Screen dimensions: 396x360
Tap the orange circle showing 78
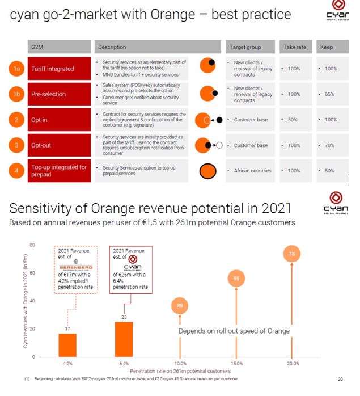tap(291, 254)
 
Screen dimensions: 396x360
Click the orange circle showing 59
tap(236, 279)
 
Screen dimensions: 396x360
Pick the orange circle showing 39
tap(180, 306)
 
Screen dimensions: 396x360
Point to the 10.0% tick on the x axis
tap(180, 364)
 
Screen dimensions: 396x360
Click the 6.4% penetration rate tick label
tap(124, 364)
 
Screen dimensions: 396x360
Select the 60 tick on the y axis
tap(32, 273)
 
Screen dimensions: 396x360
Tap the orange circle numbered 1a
tap(16, 69)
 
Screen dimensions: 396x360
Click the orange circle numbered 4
tap(16, 170)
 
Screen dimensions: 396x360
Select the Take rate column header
tap(294, 47)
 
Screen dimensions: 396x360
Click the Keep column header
tap(327, 47)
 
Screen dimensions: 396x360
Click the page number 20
tap(340, 379)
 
